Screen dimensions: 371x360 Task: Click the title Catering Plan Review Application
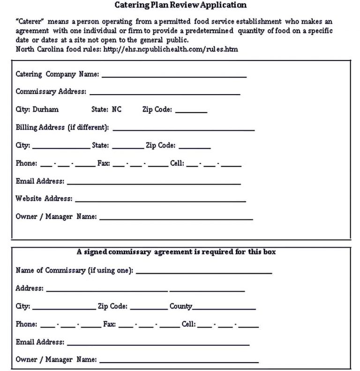[x=180, y=6]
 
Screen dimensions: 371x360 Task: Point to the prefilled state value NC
[x=117, y=110]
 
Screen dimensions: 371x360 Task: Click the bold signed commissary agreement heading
[x=176, y=252]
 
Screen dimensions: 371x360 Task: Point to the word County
[x=181, y=306]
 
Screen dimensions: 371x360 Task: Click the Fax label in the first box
[x=103, y=163]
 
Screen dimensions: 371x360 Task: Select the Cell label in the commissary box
[x=189, y=324]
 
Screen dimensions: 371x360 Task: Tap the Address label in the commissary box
[x=30, y=289]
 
